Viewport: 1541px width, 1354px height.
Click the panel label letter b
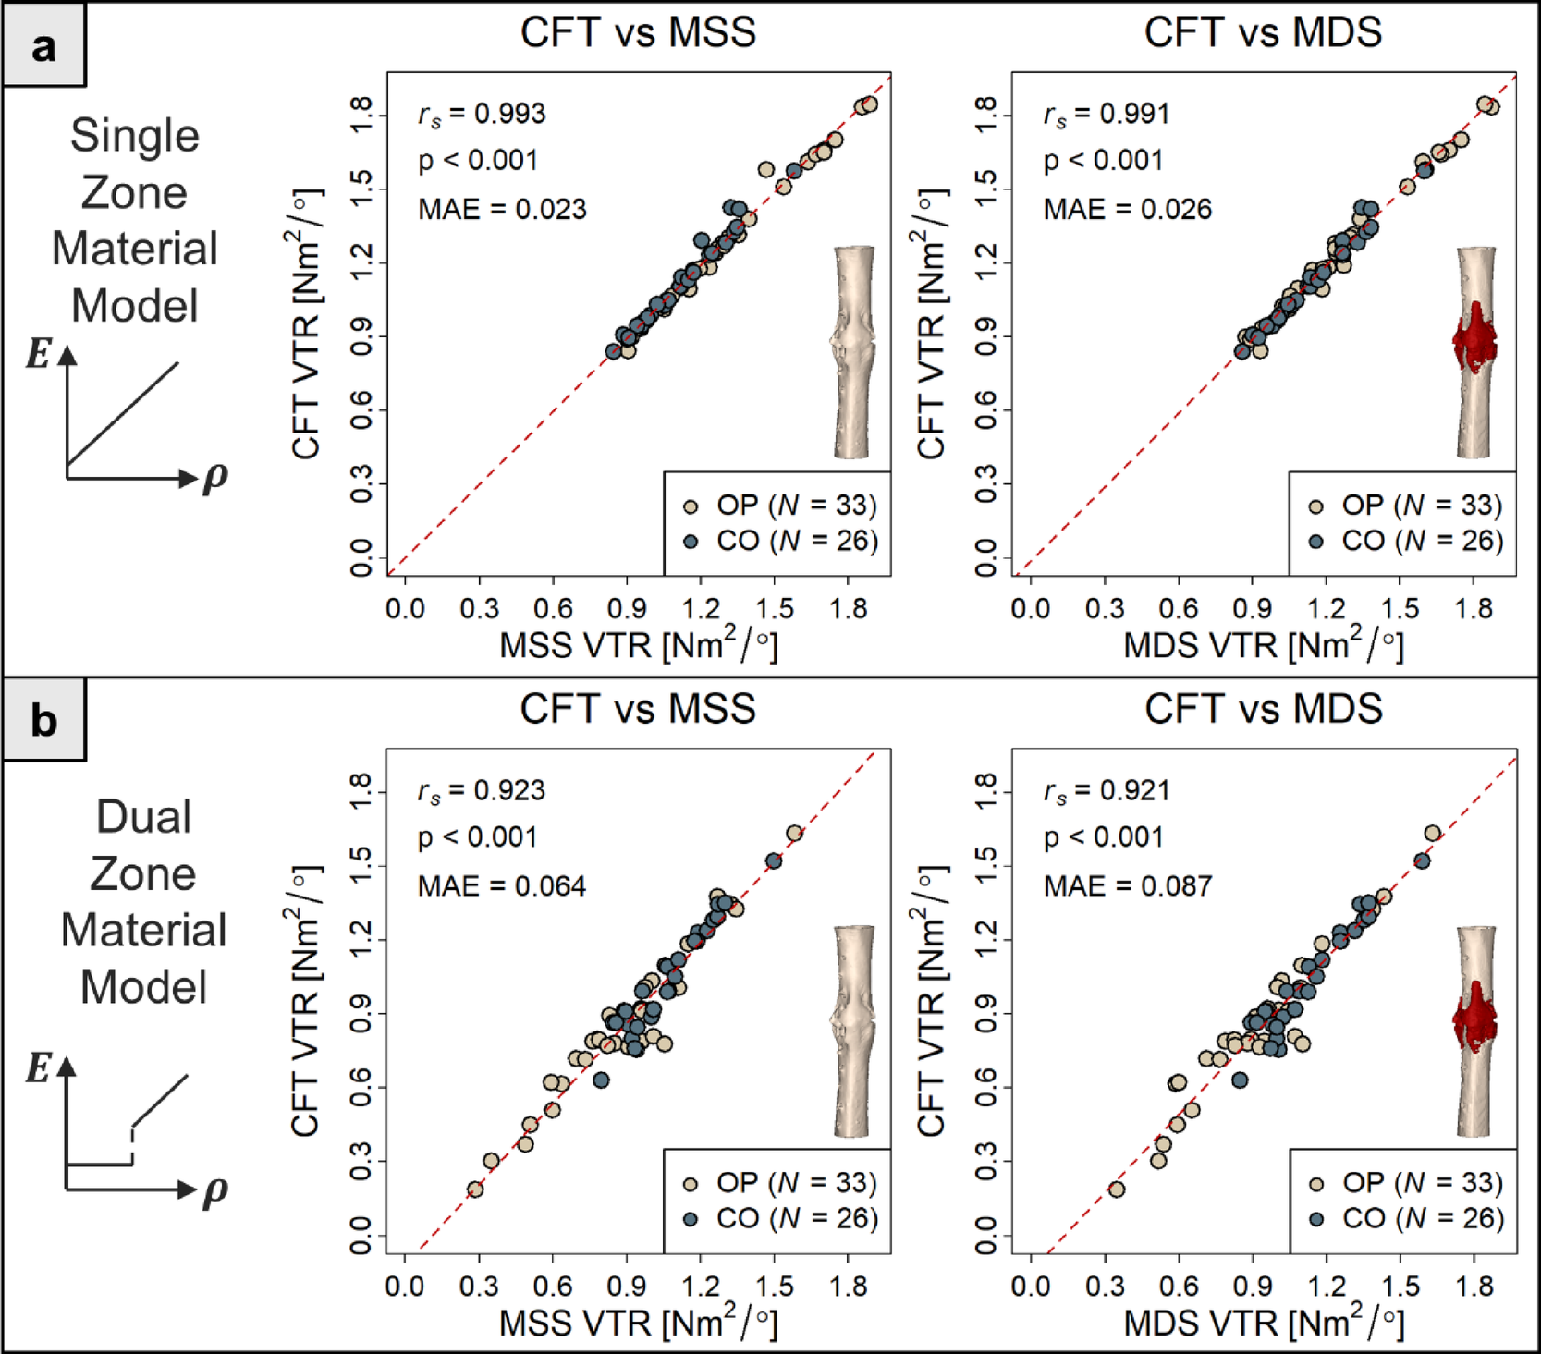43,721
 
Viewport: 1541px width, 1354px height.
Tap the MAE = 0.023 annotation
502,210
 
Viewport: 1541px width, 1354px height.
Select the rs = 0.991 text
1107,115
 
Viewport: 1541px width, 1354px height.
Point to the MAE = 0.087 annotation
1127,886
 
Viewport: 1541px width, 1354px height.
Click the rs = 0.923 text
481,791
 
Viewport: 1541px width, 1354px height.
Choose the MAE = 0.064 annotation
502,886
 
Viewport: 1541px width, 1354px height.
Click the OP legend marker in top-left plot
690,506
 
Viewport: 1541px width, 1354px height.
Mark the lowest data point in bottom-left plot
475,1189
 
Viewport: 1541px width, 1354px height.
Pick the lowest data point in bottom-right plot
1117,1189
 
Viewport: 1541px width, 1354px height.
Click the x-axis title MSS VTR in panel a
638,645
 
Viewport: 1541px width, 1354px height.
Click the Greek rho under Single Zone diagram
214,477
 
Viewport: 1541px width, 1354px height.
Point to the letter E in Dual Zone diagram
38,1068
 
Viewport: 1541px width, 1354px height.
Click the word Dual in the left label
143,818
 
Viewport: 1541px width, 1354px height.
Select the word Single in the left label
135,136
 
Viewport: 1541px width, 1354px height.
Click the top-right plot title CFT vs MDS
1263,32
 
